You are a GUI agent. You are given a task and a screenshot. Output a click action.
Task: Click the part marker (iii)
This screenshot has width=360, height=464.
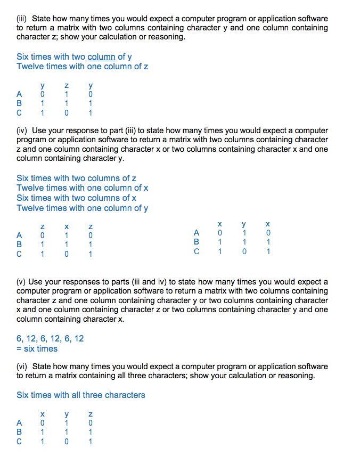pyautogui.click(x=22, y=19)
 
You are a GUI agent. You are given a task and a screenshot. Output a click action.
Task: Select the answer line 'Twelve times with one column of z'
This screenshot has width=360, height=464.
pyautogui.click(x=82, y=66)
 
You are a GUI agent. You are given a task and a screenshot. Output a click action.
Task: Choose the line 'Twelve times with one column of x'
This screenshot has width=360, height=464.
pyautogui.click(x=82, y=188)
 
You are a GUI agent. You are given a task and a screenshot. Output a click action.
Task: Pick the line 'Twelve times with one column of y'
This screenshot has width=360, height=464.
pyautogui.click(x=82, y=208)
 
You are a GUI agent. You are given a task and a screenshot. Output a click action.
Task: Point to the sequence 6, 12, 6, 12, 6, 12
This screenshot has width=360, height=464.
pyautogui.click(x=50, y=339)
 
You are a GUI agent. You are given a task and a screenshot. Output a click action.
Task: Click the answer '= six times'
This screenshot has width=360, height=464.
pyautogui.click(x=37, y=348)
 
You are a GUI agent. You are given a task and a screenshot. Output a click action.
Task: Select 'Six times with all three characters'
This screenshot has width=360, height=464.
pyautogui.click(x=80, y=395)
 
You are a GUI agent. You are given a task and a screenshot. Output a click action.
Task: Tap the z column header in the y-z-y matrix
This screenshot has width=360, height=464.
pyautogui.click(x=66, y=85)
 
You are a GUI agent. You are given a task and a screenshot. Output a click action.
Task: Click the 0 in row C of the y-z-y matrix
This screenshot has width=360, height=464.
pyautogui.click(x=66, y=113)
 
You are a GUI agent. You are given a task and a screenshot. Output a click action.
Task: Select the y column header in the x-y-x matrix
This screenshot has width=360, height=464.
pyautogui.click(x=243, y=224)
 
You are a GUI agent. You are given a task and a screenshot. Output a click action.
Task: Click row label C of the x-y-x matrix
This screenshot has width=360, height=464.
pyautogui.click(x=197, y=251)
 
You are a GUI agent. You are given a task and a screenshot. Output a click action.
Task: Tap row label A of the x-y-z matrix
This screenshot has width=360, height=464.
pyautogui.click(x=20, y=423)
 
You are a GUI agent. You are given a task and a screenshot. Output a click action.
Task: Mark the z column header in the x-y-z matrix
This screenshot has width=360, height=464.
pyautogui.click(x=91, y=414)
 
